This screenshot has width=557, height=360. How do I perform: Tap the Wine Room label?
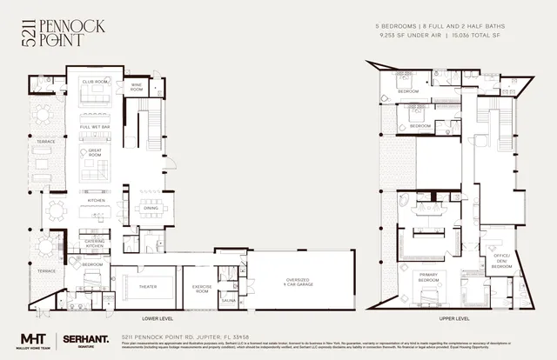coord(137,87)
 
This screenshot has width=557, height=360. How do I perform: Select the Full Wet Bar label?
coord(95,127)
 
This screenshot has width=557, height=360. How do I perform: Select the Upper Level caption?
coord(453,319)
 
